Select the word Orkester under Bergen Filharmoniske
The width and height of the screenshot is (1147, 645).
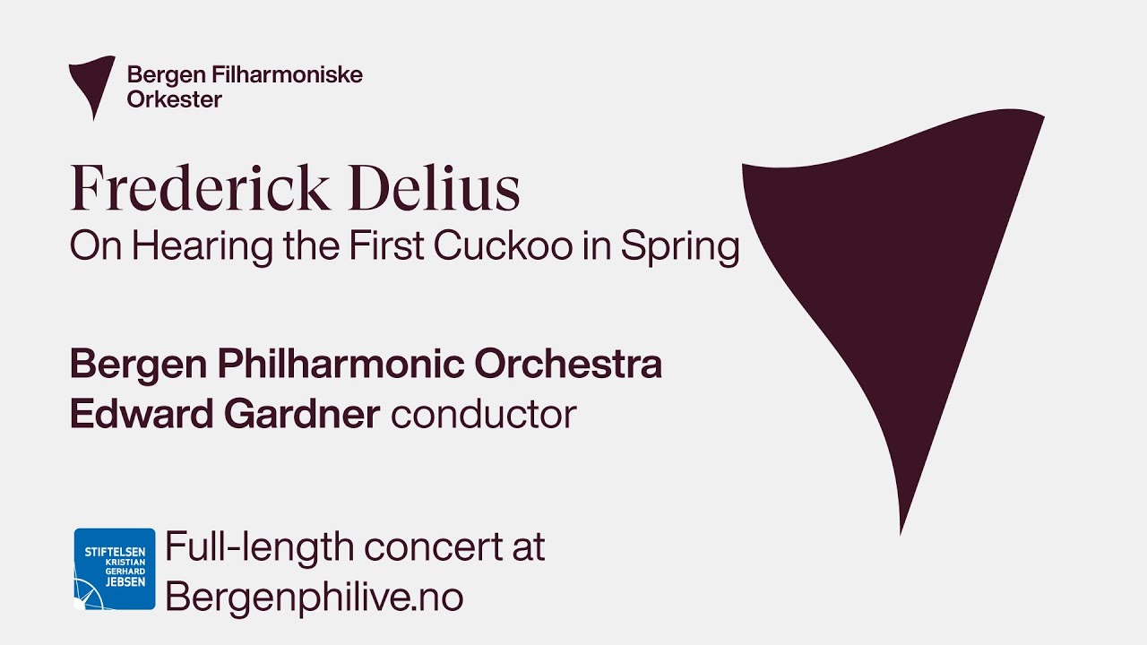pos(174,99)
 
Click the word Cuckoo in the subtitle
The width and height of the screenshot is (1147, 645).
pos(503,247)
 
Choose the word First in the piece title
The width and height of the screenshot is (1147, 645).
pos(384,247)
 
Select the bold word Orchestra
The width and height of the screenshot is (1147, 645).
pos(568,365)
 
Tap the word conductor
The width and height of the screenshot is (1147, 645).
pos(483,415)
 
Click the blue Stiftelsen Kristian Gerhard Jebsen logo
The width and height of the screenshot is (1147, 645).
pos(115,569)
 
